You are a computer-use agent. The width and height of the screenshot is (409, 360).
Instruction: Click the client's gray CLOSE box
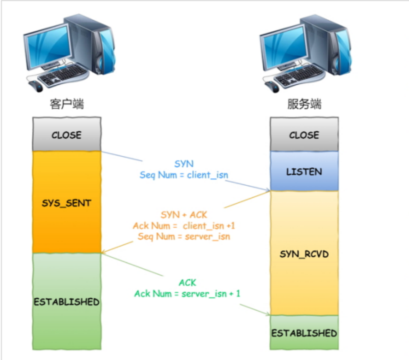67,134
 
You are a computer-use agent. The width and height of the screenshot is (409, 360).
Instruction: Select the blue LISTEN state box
304,171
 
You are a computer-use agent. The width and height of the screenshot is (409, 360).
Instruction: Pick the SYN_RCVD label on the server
304,253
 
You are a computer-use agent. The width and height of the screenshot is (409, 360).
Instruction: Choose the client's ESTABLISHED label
67,302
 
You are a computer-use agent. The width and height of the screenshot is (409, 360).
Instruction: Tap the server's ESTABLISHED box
304,333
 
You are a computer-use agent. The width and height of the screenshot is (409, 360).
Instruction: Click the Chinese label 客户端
67,104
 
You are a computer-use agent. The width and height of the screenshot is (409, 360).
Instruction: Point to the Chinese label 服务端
304,104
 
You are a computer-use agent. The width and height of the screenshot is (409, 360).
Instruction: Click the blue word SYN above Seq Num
184,164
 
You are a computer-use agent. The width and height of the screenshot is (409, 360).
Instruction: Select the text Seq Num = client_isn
184,175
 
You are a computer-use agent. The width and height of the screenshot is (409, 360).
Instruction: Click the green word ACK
187,282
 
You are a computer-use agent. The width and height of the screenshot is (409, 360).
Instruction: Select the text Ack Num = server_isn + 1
187,293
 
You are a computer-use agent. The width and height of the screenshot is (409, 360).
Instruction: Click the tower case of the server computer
334,46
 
